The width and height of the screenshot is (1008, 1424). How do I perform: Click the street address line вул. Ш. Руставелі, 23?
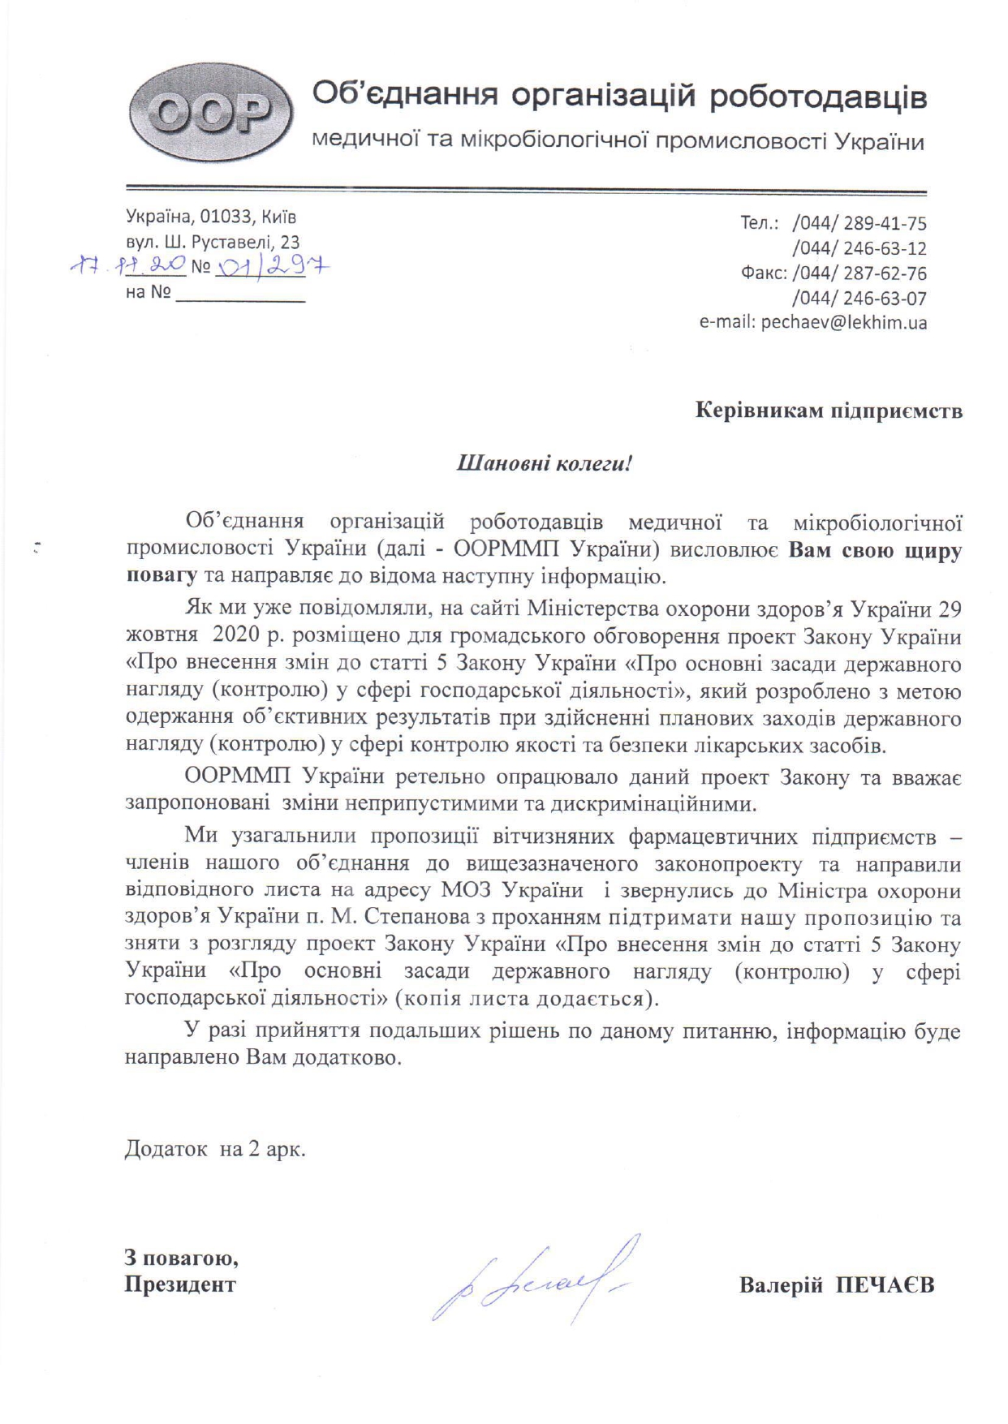213,242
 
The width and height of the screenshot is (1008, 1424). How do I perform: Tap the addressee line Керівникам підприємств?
829,411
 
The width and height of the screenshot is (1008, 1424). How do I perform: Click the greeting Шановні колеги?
545,464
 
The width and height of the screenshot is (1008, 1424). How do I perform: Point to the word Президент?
179,1284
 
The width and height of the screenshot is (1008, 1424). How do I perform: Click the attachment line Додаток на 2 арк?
215,1149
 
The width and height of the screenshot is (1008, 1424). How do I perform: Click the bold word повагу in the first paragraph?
162,577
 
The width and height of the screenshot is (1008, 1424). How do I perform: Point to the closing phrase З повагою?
181,1258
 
